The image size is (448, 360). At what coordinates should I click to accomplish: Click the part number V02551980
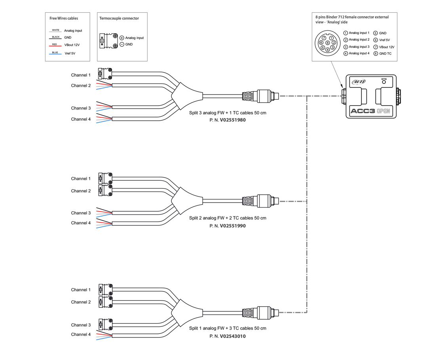click(233, 120)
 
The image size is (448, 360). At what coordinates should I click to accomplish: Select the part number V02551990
click(233, 226)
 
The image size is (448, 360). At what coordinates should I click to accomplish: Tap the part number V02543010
click(233, 336)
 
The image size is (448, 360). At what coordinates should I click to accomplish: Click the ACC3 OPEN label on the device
click(370, 111)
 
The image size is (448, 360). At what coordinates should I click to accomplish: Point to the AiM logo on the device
click(359, 82)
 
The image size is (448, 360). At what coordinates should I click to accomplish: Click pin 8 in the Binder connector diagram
click(328, 43)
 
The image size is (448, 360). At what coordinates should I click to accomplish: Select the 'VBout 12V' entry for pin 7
click(387, 47)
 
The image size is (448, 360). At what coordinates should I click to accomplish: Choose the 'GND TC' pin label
click(385, 53)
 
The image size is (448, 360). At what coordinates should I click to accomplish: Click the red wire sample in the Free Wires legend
click(55, 47)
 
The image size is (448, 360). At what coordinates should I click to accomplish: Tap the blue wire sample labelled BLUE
click(55, 54)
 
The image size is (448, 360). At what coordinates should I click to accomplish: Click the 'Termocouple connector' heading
click(119, 18)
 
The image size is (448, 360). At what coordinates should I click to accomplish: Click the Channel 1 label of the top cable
click(81, 75)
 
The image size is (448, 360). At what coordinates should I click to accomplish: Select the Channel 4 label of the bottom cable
click(81, 334)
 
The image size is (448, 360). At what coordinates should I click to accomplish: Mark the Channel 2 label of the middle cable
click(81, 191)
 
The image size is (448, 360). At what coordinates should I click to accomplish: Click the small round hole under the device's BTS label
click(384, 83)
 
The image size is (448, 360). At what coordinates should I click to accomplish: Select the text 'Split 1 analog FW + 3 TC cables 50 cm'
click(228, 328)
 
